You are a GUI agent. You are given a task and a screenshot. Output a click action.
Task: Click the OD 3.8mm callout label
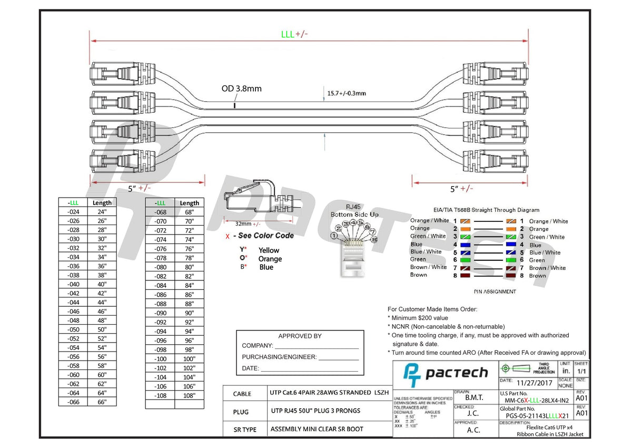click(241, 89)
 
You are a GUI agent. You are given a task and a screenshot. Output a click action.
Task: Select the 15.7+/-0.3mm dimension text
click(347, 93)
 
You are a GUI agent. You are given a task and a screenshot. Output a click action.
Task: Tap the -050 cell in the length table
click(74, 329)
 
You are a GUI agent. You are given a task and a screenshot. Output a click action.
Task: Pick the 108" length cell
click(190, 395)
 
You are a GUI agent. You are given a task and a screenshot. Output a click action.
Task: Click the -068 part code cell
click(161, 212)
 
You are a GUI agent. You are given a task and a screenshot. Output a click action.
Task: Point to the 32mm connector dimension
click(244, 224)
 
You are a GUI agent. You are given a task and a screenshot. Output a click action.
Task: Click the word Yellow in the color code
click(269, 250)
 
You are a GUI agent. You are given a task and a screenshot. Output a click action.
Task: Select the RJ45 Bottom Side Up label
click(354, 211)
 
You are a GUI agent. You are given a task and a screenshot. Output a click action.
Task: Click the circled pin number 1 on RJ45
click(334, 236)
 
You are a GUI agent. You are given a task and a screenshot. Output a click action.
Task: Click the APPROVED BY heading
click(300, 336)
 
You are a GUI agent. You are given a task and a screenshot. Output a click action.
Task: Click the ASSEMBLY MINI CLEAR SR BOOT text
click(317, 429)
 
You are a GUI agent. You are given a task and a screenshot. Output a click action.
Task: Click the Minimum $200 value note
click(420, 318)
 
